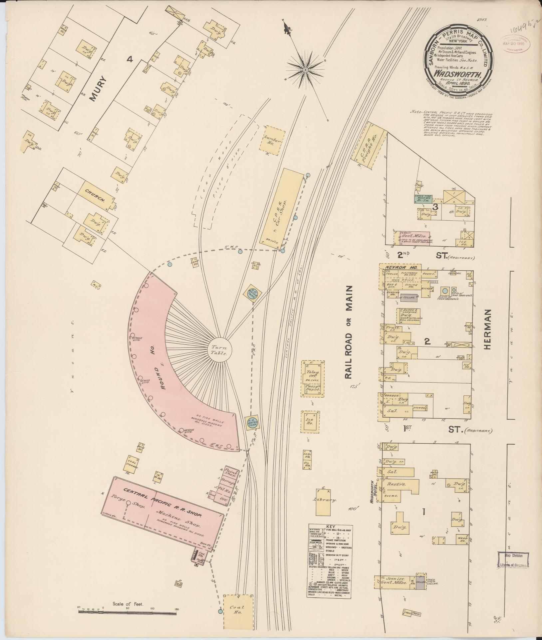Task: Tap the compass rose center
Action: (x=305, y=69)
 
